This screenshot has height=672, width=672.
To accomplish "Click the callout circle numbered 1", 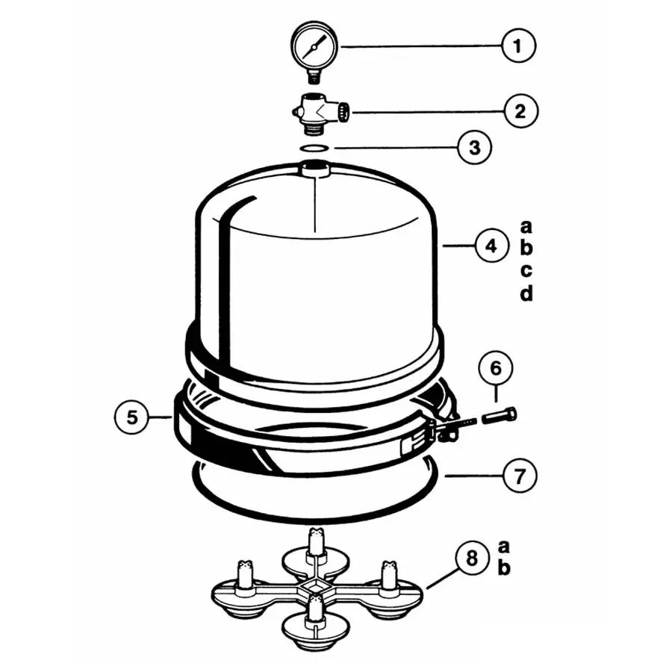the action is pyautogui.click(x=519, y=46).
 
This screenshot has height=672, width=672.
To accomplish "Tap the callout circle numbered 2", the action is pyautogui.click(x=520, y=111).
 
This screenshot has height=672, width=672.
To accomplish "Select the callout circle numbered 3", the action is pyautogui.click(x=475, y=147).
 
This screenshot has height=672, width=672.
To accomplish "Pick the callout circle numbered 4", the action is pyautogui.click(x=491, y=246).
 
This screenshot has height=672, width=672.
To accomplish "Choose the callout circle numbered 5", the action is pyautogui.click(x=132, y=417).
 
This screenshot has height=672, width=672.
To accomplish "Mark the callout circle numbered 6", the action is pyautogui.click(x=496, y=368).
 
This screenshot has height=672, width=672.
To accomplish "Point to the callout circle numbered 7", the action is pyautogui.click(x=520, y=476).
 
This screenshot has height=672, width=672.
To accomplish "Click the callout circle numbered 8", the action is pyautogui.click(x=472, y=559).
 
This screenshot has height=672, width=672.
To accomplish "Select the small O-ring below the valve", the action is pyautogui.click(x=314, y=149).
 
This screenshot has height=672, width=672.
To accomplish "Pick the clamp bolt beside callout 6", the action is pyautogui.click(x=500, y=415).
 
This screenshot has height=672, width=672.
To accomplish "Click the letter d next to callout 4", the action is pyautogui.click(x=526, y=293).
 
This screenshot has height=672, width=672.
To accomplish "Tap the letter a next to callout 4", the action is pyautogui.click(x=526, y=226).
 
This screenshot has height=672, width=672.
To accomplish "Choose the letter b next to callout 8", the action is pyautogui.click(x=504, y=567).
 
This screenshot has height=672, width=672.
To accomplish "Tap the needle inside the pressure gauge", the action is pyautogui.click(x=314, y=46).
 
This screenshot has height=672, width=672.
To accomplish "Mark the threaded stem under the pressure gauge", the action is pyautogui.click(x=314, y=77).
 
